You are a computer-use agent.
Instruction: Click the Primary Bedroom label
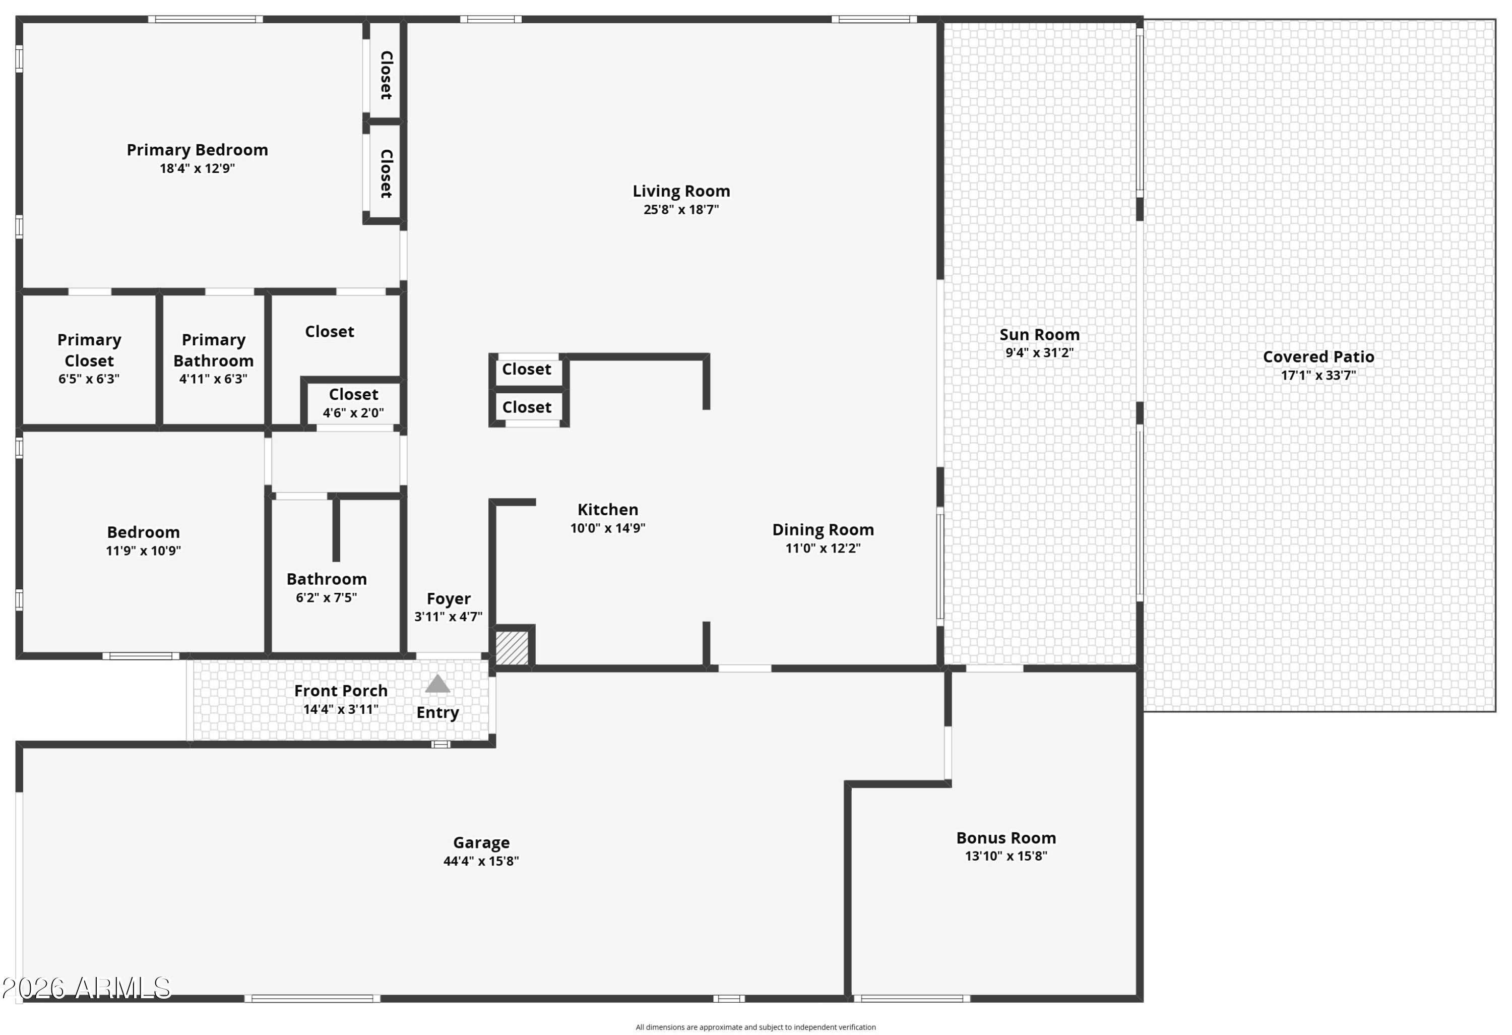(x=197, y=150)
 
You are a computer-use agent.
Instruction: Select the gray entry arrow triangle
(x=437, y=684)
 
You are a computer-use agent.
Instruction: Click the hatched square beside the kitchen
(x=512, y=648)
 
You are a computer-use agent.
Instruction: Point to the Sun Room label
(x=1039, y=335)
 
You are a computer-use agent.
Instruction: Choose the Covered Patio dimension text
(x=1318, y=376)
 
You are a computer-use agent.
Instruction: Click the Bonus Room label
(x=1006, y=838)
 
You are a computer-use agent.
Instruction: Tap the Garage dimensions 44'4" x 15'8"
(x=481, y=861)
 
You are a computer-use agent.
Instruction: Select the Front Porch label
(x=340, y=691)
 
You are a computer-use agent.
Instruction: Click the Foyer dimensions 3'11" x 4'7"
(x=448, y=617)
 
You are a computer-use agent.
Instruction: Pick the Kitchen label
(x=608, y=510)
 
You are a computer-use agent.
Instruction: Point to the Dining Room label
(x=823, y=530)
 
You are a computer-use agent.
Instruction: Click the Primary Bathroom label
(x=213, y=350)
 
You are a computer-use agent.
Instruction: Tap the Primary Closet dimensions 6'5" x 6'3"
(x=89, y=379)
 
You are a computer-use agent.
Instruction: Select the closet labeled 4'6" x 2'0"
(x=353, y=403)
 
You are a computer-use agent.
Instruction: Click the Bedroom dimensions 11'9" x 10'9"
(x=143, y=551)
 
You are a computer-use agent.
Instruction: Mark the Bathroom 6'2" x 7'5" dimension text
(x=327, y=597)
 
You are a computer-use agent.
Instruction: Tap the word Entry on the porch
(x=437, y=713)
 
